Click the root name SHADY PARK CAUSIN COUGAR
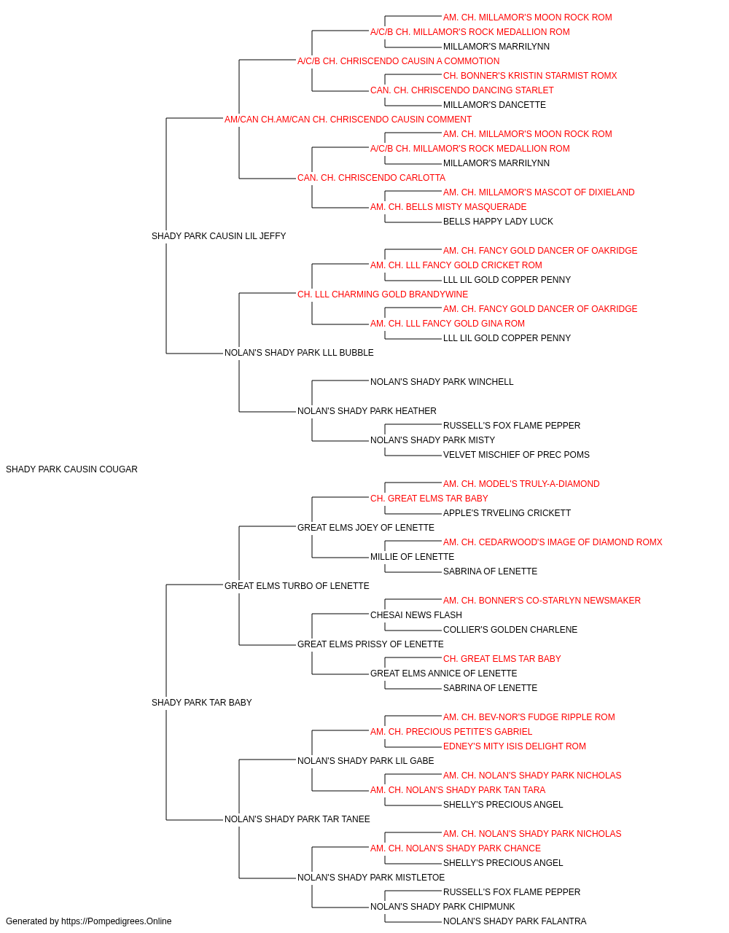[x=71, y=469]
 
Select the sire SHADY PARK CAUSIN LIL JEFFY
[x=219, y=236]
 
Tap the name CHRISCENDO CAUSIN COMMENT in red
[x=392, y=120]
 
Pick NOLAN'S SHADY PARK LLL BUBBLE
[x=299, y=353]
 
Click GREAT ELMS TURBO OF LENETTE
[x=297, y=586]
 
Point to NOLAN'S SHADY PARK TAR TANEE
[x=297, y=819]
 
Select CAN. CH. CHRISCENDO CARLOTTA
[x=371, y=178]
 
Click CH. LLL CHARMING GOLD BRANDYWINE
[x=383, y=294]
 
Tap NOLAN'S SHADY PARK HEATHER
[x=367, y=411]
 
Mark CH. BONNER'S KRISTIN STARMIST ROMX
[x=530, y=76]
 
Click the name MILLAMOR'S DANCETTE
[x=494, y=105]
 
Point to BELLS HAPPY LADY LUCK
[x=498, y=222]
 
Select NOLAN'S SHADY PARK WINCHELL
[x=442, y=382]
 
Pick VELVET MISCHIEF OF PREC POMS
[x=516, y=455]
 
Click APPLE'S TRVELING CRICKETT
[x=507, y=513]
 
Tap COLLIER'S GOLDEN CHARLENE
[x=510, y=630]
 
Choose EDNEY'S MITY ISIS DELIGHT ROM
[x=515, y=746]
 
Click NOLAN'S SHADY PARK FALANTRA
[x=515, y=921]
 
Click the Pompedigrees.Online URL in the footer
[x=117, y=921]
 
